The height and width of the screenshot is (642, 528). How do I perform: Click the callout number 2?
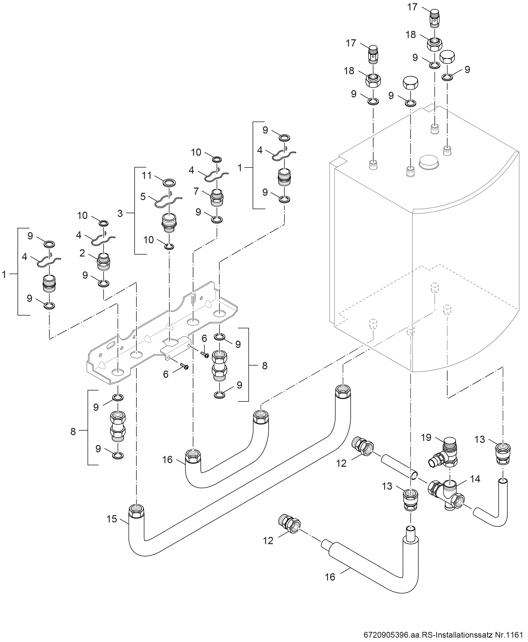pos(82,253)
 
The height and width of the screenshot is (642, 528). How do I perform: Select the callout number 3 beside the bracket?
pos(120,213)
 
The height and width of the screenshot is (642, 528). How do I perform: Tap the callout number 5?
pos(143,196)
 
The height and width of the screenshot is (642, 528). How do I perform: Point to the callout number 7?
pos(196,191)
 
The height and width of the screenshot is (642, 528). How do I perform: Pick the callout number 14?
pos(475,479)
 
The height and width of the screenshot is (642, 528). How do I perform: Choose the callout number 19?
pos(426,437)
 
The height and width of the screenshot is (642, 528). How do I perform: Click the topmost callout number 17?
pos(412,7)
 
